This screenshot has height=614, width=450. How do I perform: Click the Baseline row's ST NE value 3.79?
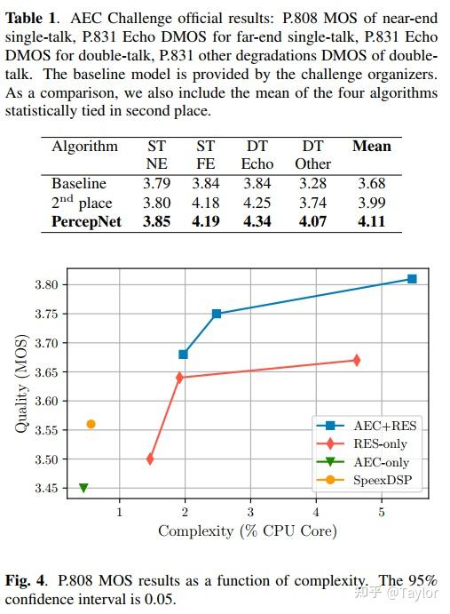(156, 183)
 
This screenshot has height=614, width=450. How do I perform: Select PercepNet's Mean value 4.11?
(371, 221)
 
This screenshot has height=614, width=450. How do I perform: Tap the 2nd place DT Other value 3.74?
(312, 203)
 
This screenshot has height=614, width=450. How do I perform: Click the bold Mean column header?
(371, 146)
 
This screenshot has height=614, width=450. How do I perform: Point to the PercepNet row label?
(86, 221)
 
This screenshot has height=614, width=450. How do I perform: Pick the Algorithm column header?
(84, 147)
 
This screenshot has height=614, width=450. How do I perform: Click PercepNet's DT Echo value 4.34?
(257, 221)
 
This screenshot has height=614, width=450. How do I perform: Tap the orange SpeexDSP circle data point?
(91, 424)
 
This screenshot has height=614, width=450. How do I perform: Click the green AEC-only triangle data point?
(83, 488)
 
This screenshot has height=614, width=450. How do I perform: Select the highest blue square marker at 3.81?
(412, 279)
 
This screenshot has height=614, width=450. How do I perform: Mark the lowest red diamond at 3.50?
(150, 459)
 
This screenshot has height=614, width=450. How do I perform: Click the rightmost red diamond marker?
(356, 360)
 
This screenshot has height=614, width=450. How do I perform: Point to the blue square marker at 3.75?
(217, 314)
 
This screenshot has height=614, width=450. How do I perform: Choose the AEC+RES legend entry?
(367, 426)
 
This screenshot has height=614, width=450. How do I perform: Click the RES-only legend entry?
(362, 443)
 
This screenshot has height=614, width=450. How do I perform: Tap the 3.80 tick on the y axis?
(46, 284)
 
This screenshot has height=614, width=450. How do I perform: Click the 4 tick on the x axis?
(316, 512)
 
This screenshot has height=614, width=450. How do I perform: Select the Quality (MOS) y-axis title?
(21, 384)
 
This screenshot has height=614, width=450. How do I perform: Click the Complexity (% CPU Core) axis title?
(248, 531)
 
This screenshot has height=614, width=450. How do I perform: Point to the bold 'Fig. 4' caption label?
(26, 580)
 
